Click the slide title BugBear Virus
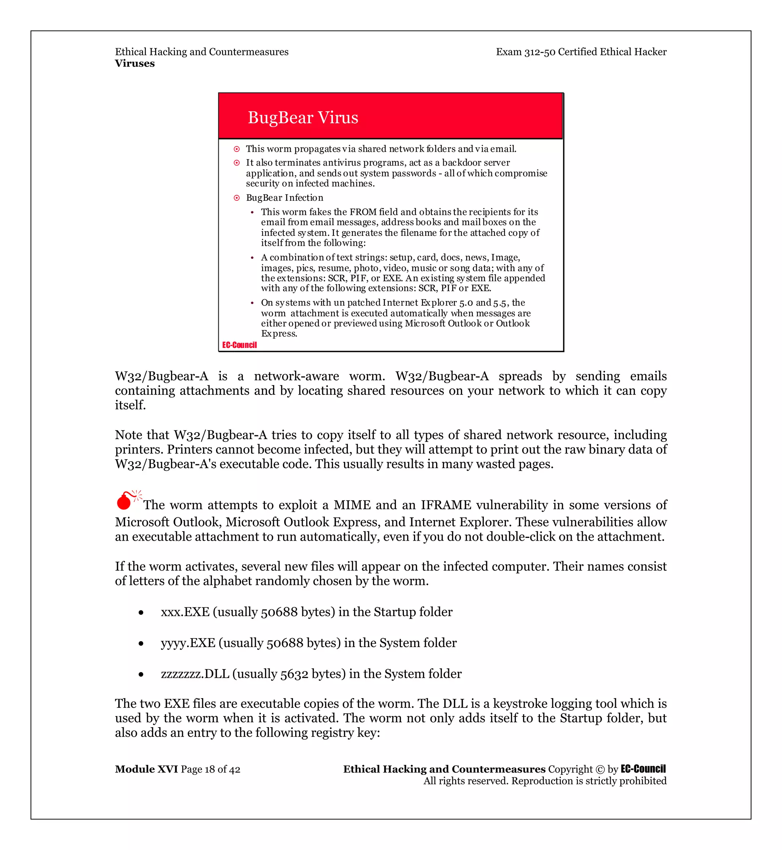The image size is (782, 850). (x=303, y=118)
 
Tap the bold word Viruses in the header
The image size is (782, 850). (x=134, y=63)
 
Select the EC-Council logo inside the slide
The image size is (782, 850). (x=239, y=345)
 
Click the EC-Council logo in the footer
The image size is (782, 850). (x=643, y=769)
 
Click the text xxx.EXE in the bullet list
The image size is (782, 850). (x=185, y=612)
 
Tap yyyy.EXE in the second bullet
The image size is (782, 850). (x=188, y=643)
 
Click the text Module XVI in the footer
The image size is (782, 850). (x=146, y=769)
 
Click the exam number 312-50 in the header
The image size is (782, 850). (x=540, y=52)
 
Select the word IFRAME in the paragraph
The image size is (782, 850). (x=446, y=505)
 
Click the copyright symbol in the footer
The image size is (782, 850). (x=600, y=770)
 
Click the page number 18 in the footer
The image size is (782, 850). (x=210, y=770)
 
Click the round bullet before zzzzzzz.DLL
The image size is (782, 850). (x=141, y=675)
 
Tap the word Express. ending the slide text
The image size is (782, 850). (x=279, y=334)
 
